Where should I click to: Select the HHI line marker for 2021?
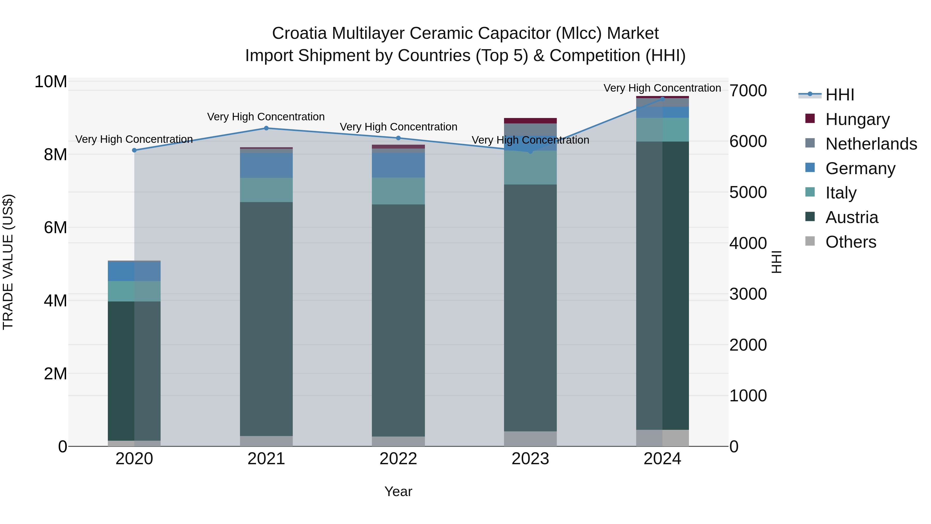[266, 128]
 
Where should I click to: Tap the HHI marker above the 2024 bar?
[663, 98]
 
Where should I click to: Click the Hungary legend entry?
[857, 119]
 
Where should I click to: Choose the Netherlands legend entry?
[871, 144]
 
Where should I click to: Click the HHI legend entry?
[839, 95]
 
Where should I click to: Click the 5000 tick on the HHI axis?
[748, 192]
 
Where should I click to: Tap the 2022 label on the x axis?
[398, 459]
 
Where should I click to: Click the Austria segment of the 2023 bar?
[530, 307]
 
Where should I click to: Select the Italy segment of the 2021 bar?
[266, 190]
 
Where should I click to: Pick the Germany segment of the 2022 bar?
[398, 165]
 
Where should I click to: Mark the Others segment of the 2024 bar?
[663, 438]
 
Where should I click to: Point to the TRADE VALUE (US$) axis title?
[8, 262]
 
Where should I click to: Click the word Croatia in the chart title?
[300, 33]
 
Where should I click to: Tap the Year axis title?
[398, 491]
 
